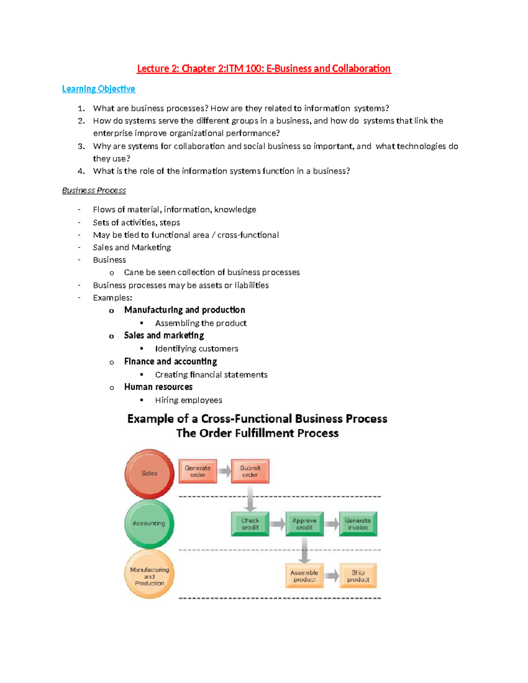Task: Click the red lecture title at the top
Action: pyautogui.click(x=264, y=69)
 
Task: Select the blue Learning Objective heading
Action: pyautogui.click(x=99, y=89)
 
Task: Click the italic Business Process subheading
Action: pyautogui.click(x=94, y=190)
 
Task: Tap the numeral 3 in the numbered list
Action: pyautogui.click(x=81, y=146)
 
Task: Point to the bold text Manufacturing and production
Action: pyautogui.click(x=184, y=310)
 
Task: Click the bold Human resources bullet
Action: pyautogui.click(x=158, y=387)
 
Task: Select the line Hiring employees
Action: pyautogui.click(x=188, y=400)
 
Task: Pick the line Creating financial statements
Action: pyautogui.click(x=211, y=375)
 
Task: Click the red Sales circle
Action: pyautogui.click(x=150, y=474)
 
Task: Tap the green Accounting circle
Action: pyautogui.click(x=149, y=523)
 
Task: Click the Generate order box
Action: pyautogui.click(x=198, y=471)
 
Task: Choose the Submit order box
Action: pyautogui.click(x=250, y=471)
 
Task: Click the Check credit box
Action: pyautogui.click(x=250, y=524)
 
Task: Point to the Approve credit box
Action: pyautogui.click(x=304, y=524)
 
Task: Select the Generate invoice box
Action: pyautogui.click(x=358, y=524)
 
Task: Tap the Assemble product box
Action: pyautogui.click(x=304, y=576)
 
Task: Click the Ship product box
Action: pyautogui.click(x=358, y=576)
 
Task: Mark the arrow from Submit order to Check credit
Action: pyautogui.click(x=250, y=498)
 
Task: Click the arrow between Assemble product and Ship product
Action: pyautogui.click(x=332, y=576)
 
